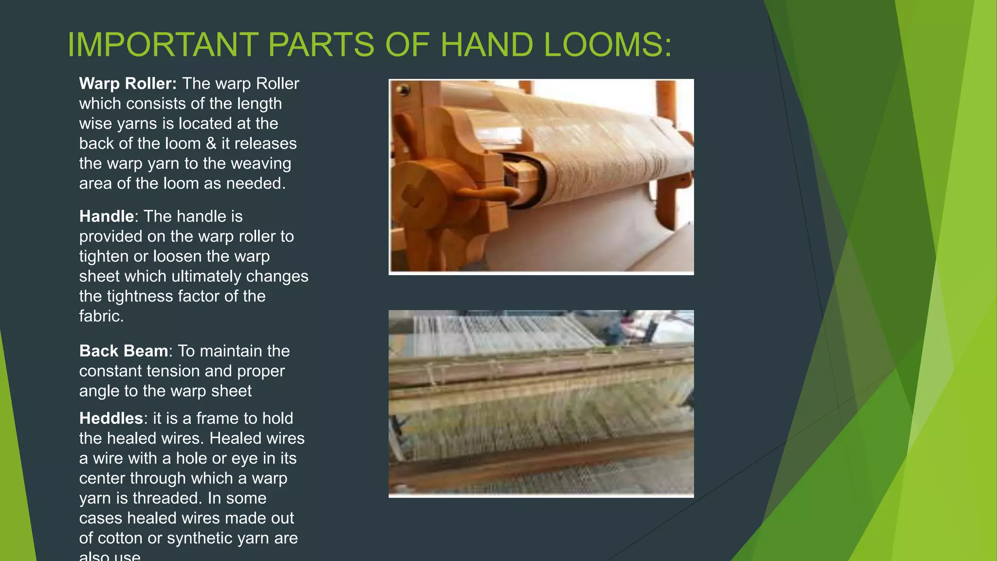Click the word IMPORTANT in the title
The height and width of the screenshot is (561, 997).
pyautogui.click(x=163, y=45)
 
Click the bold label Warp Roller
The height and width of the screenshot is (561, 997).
pyautogui.click(x=128, y=84)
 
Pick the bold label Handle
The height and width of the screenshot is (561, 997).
pyautogui.click(x=106, y=216)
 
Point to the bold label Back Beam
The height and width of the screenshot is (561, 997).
pyautogui.click(x=124, y=351)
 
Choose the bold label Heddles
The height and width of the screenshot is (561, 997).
pyautogui.click(x=111, y=418)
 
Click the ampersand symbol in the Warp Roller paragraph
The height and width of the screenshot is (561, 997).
pyautogui.click(x=211, y=144)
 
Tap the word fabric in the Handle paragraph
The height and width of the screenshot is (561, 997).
pyautogui.click(x=100, y=317)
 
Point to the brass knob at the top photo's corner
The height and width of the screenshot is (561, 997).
pyautogui.click(x=403, y=90)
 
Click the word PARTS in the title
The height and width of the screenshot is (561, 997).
pyautogui.click(x=321, y=45)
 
